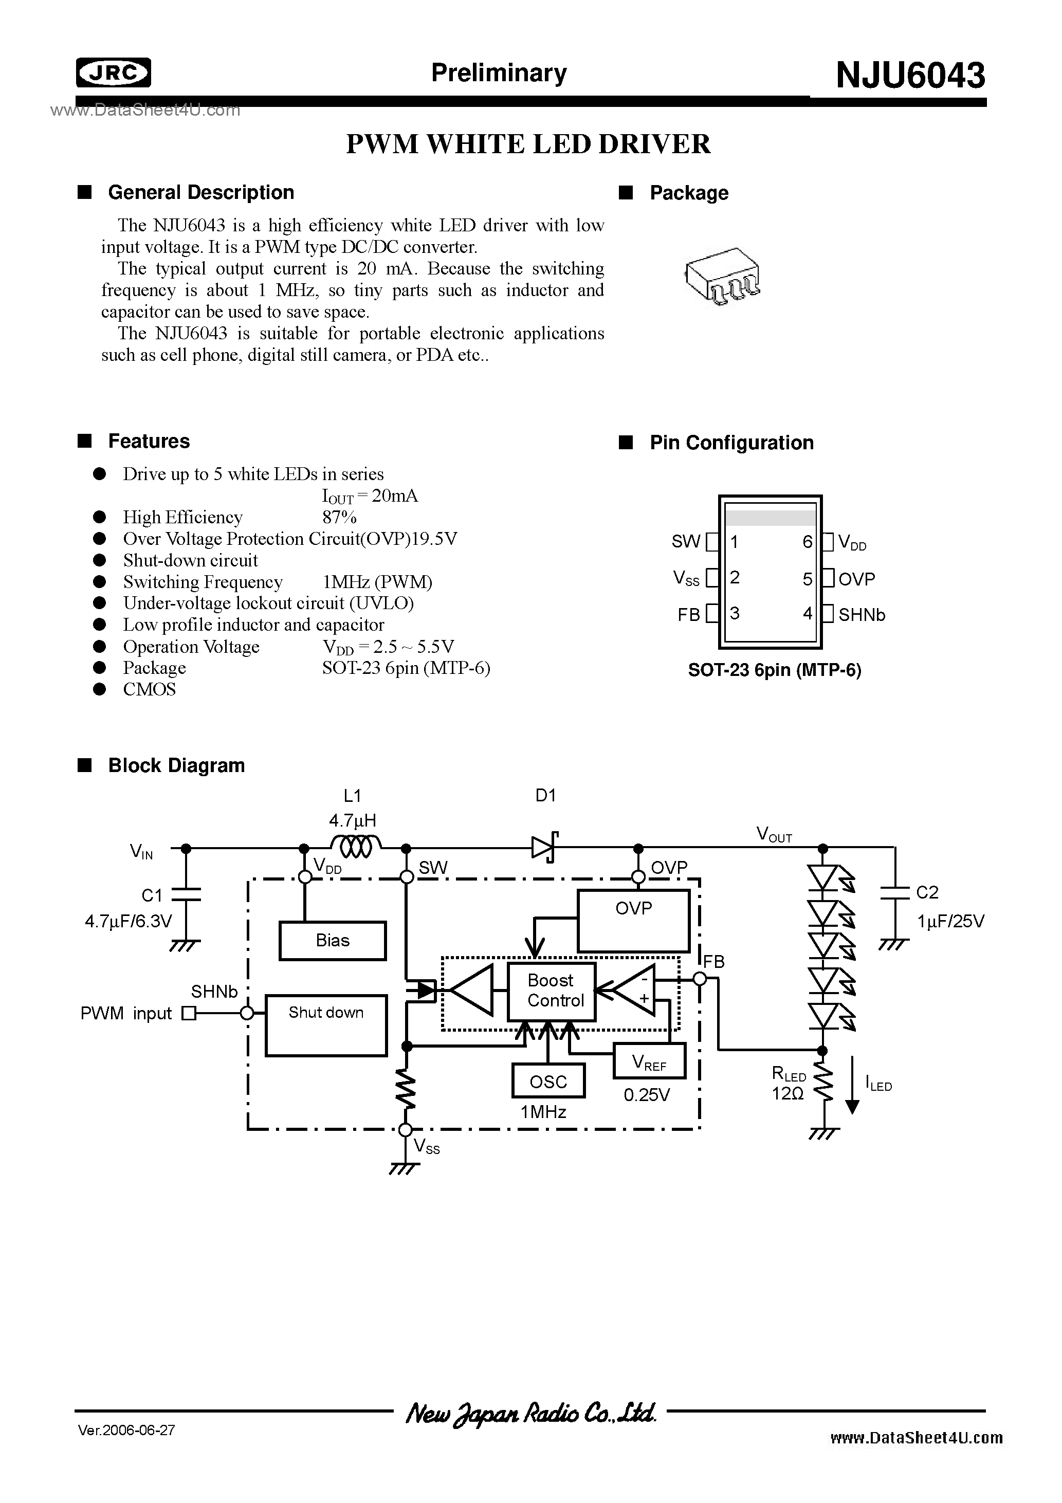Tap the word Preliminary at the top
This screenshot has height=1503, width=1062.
(x=499, y=72)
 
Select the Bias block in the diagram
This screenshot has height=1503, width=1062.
(x=333, y=941)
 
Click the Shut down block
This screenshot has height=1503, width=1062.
(x=326, y=1025)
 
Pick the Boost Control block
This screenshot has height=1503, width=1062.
(x=551, y=991)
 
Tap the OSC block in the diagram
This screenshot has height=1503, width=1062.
(x=548, y=1082)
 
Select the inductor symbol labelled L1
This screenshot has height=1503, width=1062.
(x=356, y=848)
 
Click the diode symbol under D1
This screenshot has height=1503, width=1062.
(x=545, y=848)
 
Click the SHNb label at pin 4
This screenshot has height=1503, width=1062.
(x=862, y=615)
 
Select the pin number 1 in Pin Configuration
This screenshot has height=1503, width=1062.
(x=735, y=542)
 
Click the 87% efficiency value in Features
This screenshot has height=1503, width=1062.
(x=339, y=517)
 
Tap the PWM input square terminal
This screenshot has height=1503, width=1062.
(x=189, y=1013)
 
